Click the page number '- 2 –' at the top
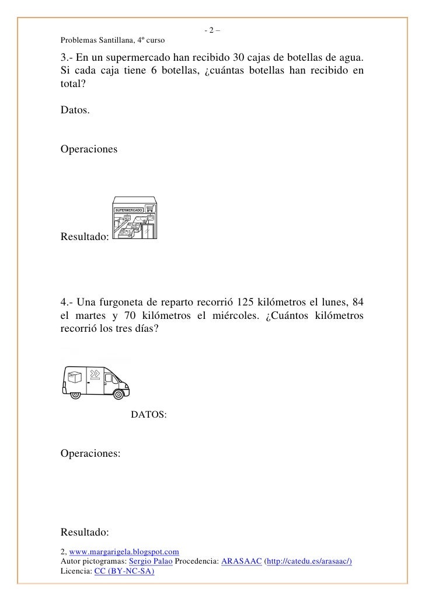pyautogui.click(x=212, y=31)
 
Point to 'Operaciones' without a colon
pyautogui.click(x=89, y=150)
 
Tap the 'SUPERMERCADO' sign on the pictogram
pyautogui.click(x=128, y=210)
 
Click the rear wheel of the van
pyautogui.click(x=75, y=394)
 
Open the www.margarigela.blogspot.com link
pyautogui.click(x=124, y=551)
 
